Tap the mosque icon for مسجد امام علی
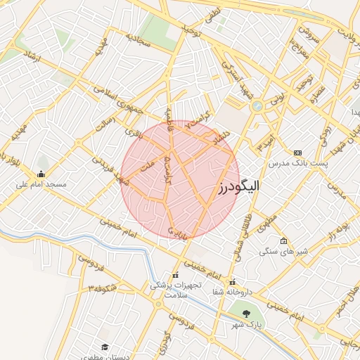[41, 174]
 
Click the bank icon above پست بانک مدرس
[297, 153]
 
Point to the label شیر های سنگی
[280, 251]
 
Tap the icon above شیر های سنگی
[283, 241]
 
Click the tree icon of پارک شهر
[247, 314]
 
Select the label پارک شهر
[247, 325]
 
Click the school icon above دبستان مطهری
[105, 347]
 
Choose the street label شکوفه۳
[101, 288]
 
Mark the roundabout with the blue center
[257, 106]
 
